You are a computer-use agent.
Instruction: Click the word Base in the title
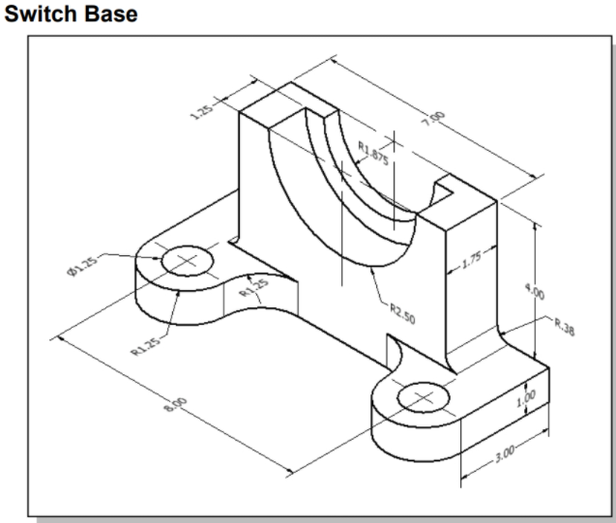point(105,15)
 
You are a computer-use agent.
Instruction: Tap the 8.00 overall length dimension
point(178,404)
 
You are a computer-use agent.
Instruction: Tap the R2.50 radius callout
point(404,312)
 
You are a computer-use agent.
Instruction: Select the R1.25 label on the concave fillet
point(253,288)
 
